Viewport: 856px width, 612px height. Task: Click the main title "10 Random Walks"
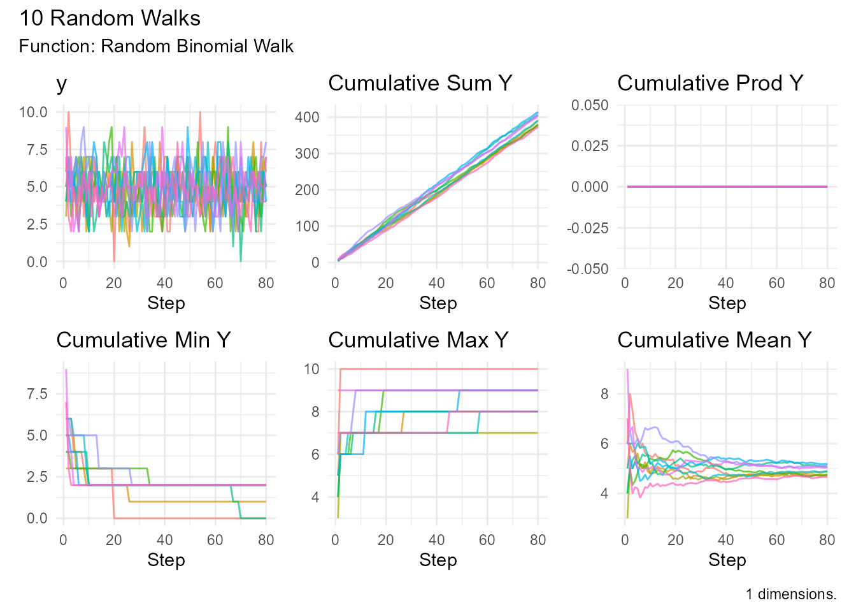click(x=110, y=18)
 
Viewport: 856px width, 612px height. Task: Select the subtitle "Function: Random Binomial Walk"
click(x=156, y=47)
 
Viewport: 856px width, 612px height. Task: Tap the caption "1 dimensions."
click(x=791, y=594)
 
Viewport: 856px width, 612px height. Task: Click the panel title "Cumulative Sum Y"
click(x=420, y=84)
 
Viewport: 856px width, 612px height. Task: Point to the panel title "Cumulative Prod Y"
click(x=710, y=84)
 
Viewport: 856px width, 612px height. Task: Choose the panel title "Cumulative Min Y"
click(x=143, y=340)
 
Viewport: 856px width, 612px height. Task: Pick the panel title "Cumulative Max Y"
click(x=418, y=340)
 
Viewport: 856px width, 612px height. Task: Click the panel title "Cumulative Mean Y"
click(x=714, y=340)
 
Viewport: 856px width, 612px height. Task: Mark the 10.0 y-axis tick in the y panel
click(x=33, y=113)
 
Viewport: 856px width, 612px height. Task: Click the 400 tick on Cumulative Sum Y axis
click(x=307, y=117)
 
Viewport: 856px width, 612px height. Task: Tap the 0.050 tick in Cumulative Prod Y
click(x=590, y=105)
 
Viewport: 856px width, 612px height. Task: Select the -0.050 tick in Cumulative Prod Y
click(x=587, y=269)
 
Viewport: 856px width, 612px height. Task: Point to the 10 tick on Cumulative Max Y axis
click(x=311, y=369)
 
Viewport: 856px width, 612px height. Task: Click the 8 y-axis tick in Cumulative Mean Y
click(x=604, y=394)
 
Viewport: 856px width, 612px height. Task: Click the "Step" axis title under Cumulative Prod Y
click(x=727, y=303)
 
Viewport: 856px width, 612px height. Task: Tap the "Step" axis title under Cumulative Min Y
click(x=166, y=560)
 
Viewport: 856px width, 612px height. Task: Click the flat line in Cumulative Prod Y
click(x=726, y=187)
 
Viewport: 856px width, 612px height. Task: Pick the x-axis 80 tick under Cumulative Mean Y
click(x=827, y=541)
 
